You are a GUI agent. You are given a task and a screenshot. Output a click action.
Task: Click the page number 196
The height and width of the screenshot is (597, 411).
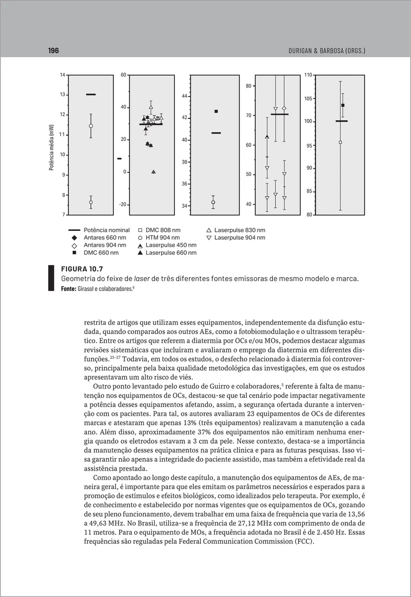(54, 51)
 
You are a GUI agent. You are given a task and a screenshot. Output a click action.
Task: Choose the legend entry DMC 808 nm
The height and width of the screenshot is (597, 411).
(163, 230)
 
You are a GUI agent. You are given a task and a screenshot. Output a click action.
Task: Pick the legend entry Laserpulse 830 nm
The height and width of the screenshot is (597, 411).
(240, 230)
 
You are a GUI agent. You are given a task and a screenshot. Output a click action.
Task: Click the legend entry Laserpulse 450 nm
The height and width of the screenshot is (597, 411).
(170, 245)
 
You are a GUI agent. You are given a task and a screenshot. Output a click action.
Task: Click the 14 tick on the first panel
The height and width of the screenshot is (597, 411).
(63, 75)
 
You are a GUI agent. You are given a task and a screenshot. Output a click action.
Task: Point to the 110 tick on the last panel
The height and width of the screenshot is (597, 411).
(308, 75)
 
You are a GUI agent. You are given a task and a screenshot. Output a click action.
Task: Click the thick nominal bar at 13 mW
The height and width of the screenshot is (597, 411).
(91, 95)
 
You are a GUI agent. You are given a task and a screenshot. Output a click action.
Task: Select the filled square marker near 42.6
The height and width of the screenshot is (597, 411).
(216, 111)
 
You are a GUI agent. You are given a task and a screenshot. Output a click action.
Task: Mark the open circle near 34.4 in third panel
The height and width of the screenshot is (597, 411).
(213, 202)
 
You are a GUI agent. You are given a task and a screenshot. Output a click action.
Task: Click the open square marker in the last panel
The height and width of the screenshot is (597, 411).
(340, 142)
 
